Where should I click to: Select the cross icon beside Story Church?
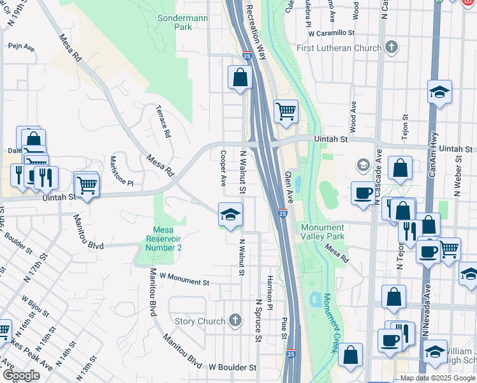point(235,320)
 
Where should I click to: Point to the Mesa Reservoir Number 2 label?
point(158,239)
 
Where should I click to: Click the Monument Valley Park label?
point(323,232)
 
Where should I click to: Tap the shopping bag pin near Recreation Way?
point(240,78)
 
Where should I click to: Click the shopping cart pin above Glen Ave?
point(286,111)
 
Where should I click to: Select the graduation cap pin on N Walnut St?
point(230,214)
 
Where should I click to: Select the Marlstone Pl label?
point(122,171)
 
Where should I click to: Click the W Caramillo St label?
point(331,32)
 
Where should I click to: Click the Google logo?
point(21,375)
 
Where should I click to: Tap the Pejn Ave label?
point(21,46)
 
